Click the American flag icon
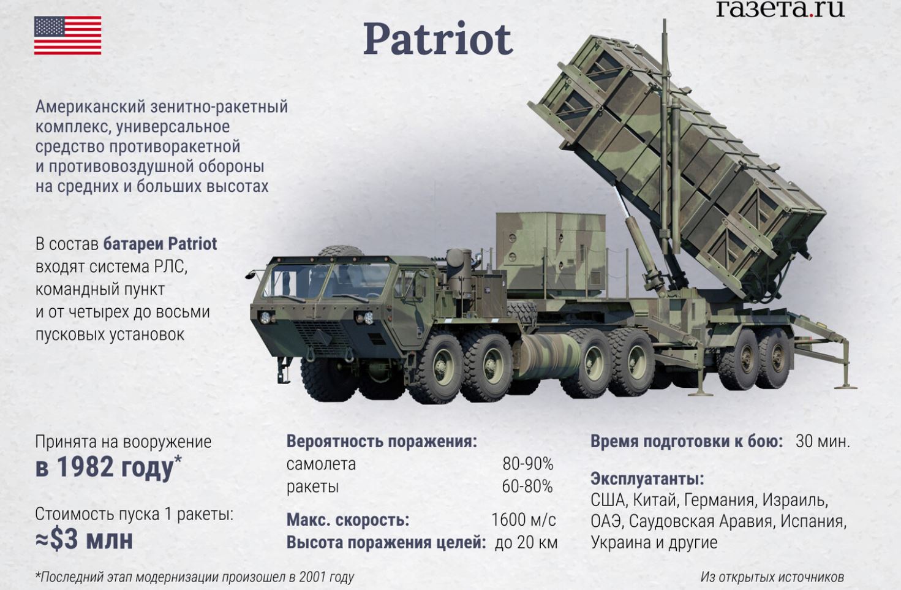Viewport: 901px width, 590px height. pos(67,36)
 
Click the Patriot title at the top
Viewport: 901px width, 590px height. pos(437,39)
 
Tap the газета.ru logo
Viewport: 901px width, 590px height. pos(780,9)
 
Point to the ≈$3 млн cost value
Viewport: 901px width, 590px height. pos(84,540)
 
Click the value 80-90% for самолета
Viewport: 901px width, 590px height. pos(527,464)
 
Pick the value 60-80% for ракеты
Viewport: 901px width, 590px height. pos(527,486)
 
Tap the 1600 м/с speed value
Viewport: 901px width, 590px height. pos(523,520)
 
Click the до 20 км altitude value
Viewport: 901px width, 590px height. pos(526,542)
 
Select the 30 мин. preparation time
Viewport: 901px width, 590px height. pos(822,441)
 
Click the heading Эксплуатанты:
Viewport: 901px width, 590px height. pos(647,478)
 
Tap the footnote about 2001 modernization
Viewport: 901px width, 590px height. pos(195,577)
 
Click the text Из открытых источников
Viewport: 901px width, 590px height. pos(772,577)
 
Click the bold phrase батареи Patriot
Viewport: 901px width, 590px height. pos(160,244)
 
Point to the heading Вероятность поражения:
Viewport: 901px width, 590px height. pos(381,441)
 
